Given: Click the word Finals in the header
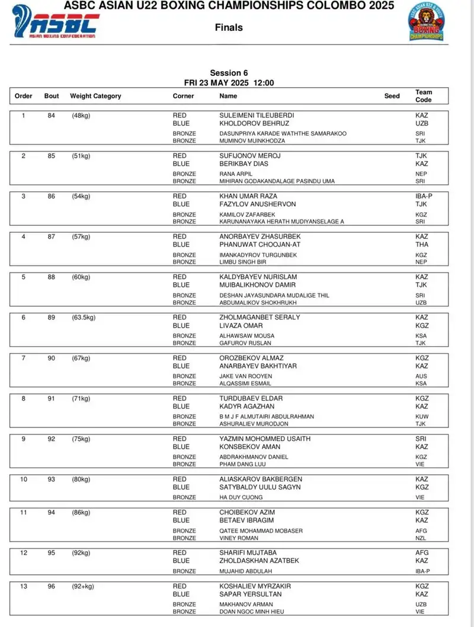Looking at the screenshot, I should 229,27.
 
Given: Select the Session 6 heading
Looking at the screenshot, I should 229,73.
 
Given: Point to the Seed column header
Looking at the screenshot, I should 392,96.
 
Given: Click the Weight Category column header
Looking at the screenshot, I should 95,96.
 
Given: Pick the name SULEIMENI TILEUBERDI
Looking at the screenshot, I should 257,116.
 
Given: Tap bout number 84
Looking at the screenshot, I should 52,116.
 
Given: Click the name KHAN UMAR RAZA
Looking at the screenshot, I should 248,196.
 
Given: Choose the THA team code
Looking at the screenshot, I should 422,244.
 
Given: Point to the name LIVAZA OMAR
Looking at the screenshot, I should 241,325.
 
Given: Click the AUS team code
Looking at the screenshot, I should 421,376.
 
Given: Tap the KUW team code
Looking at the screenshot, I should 421,417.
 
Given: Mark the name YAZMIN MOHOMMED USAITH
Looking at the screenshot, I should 265,439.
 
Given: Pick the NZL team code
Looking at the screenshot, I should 421,538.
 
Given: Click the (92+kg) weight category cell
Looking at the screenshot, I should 83,586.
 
